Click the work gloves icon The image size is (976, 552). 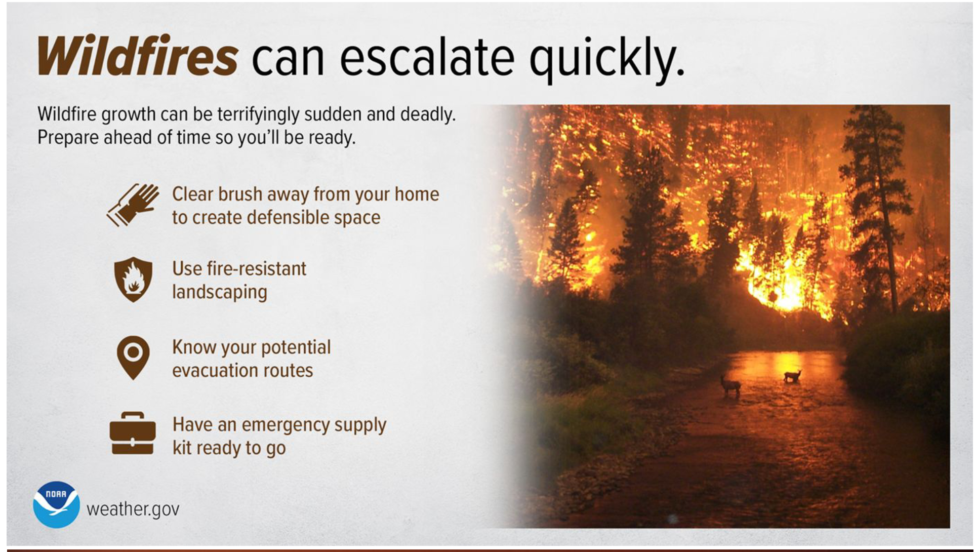click(x=133, y=205)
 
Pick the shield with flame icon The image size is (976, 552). click(x=133, y=279)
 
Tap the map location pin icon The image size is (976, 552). click(x=133, y=358)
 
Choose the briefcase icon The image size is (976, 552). click(x=133, y=433)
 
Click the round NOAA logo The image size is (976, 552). click(x=56, y=504)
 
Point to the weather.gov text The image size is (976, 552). click(x=133, y=509)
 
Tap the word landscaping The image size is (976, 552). click(x=220, y=292)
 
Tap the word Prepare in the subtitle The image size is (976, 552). click(x=68, y=138)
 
